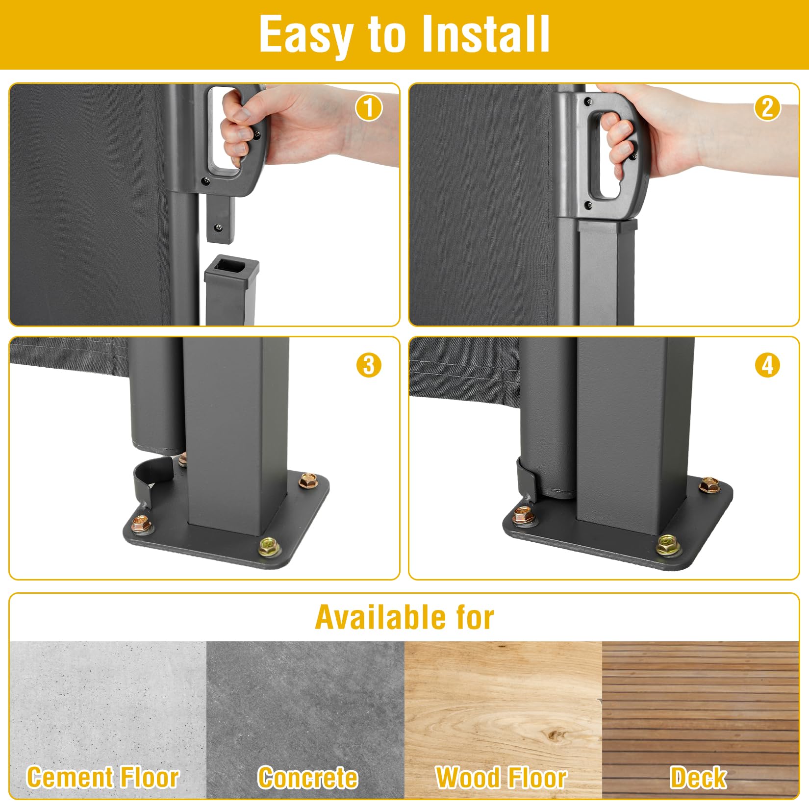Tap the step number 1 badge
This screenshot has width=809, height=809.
[x=369, y=108]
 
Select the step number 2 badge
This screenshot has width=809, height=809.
[x=767, y=108]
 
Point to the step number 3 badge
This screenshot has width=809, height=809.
[x=369, y=365]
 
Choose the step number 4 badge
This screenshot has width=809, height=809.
[x=767, y=365]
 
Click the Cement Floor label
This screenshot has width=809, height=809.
[x=103, y=778]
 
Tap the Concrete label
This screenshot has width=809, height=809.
[x=308, y=778]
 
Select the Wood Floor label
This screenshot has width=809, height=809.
[x=501, y=778]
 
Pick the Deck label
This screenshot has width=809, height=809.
[x=699, y=778]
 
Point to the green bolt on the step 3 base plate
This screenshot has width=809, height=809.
[x=270, y=547]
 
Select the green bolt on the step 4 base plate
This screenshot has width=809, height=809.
[x=669, y=545]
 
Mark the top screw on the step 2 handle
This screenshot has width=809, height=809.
[x=588, y=101]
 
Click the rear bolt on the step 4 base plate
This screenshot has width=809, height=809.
[x=708, y=485]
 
